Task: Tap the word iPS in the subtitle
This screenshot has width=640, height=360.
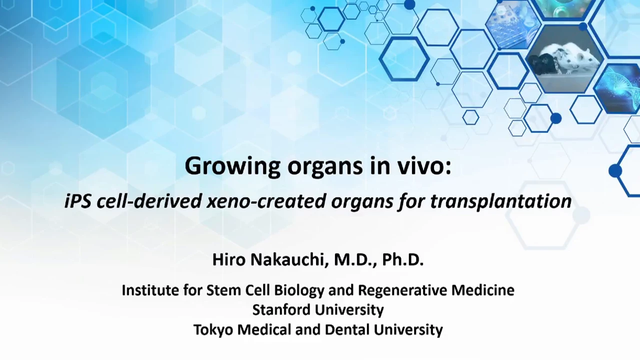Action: click(x=77, y=201)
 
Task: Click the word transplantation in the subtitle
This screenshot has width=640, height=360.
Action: click(x=500, y=201)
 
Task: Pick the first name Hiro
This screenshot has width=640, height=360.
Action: click(x=229, y=259)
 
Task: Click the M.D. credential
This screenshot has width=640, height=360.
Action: click(x=355, y=259)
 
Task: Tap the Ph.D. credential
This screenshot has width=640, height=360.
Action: click(x=403, y=259)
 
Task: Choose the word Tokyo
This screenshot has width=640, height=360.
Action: click(x=213, y=329)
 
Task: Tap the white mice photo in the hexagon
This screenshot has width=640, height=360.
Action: click(x=565, y=58)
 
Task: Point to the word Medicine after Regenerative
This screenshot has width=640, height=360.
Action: click(x=483, y=290)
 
